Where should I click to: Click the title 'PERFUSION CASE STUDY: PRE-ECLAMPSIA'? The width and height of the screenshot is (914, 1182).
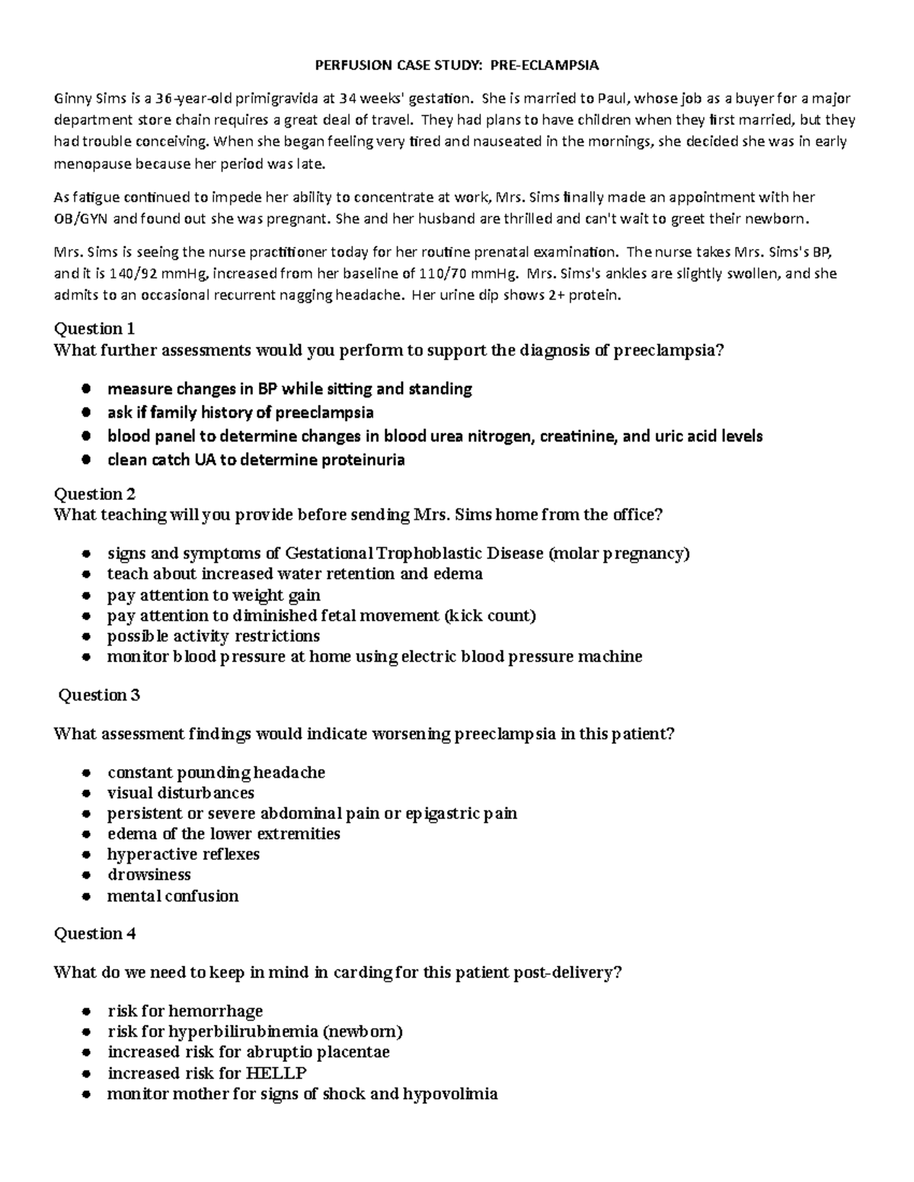click(x=457, y=65)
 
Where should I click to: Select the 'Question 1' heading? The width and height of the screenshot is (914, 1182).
click(x=94, y=329)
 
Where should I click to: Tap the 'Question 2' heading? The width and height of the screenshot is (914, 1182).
click(x=94, y=494)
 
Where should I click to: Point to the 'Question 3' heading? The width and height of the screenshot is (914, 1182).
click(x=99, y=695)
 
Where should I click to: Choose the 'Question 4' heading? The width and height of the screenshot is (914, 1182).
click(x=94, y=934)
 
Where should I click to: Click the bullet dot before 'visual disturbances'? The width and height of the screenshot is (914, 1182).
click(x=88, y=793)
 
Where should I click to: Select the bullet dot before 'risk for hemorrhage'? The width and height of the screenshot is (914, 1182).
click(x=88, y=1012)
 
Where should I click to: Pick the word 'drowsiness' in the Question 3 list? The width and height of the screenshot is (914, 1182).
click(x=149, y=875)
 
